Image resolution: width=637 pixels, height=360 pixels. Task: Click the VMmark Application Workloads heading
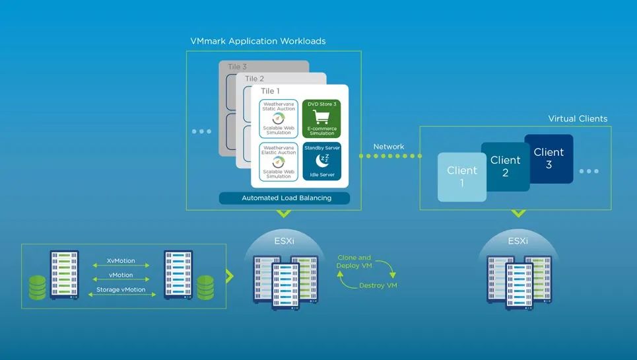pyautogui.click(x=258, y=41)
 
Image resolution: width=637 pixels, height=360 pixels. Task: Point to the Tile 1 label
pyautogui.click(x=270, y=91)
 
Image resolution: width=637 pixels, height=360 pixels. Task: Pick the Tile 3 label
pyautogui.click(x=237, y=67)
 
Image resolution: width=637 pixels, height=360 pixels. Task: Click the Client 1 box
pyautogui.click(x=461, y=178)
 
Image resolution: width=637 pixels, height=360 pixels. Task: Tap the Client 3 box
pyautogui.click(x=549, y=158)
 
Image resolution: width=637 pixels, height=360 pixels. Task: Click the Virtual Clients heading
pyautogui.click(x=578, y=119)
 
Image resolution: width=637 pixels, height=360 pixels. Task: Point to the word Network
pyautogui.click(x=389, y=147)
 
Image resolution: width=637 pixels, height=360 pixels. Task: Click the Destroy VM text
pyautogui.click(x=378, y=285)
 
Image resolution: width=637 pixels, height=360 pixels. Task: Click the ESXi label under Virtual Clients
pyautogui.click(x=518, y=240)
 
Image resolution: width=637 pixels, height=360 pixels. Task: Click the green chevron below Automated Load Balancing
pyautogui.click(x=283, y=214)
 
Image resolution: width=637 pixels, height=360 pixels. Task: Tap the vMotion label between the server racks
pyautogui.click(x=121, y=275)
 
